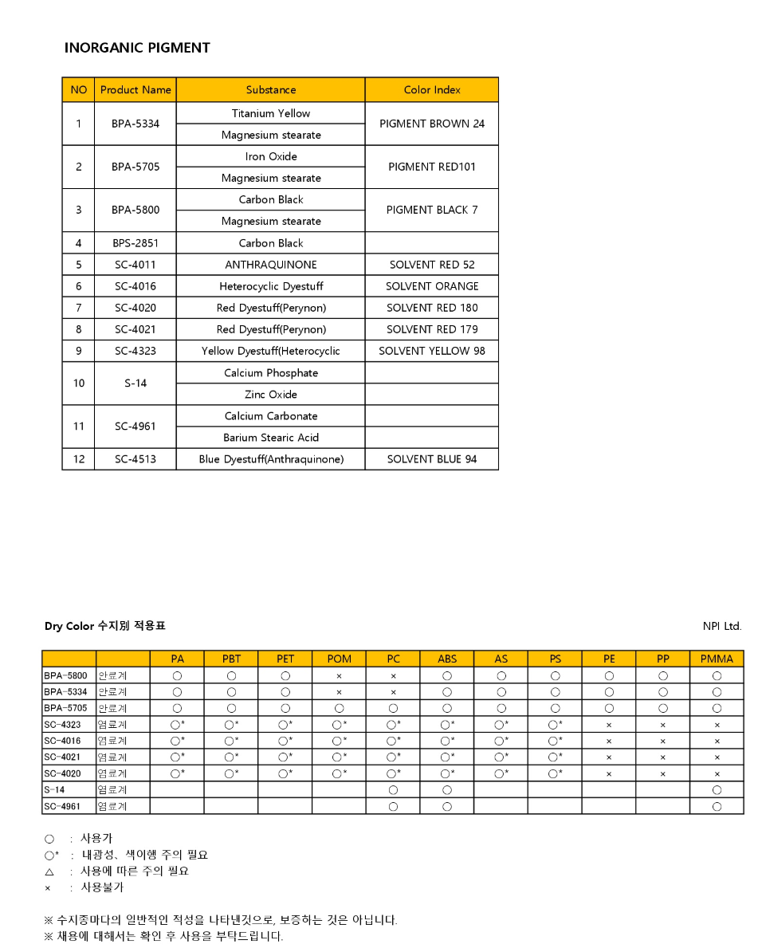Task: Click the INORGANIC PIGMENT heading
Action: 137,48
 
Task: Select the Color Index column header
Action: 432,90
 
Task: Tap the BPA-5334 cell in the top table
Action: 135,124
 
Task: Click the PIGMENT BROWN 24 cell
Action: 432,124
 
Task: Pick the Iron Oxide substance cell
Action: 271,156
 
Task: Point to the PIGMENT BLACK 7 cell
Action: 432,210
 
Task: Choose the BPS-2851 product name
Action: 135,243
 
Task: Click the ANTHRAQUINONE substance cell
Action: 271,265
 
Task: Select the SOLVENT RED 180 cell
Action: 432,308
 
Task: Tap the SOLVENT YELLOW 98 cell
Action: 432,351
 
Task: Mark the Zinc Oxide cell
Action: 271,395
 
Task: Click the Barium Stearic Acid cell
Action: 271,438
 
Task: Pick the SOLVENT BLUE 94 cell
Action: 432,459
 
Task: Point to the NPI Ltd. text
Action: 722,626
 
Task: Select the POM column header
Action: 339,659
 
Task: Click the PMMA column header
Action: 717,659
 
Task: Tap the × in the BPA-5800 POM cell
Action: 339,675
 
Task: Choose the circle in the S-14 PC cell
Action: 393,789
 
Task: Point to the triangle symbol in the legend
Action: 49,871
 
